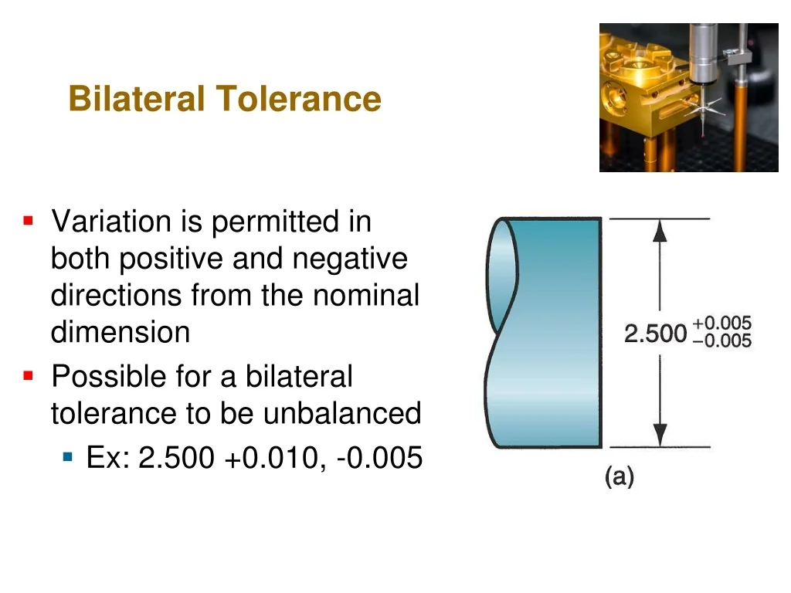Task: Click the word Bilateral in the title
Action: click(136, 98)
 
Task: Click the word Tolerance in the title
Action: click(298, 98)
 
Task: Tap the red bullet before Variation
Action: click(29, 220)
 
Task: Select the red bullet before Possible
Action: click(29, 376)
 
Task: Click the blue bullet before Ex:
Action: click(68, 457)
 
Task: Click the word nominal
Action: click(366, 295)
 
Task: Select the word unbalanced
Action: click(342, 413)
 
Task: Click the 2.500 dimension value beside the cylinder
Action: click(655, 334)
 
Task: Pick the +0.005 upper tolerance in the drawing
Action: click(722, 323)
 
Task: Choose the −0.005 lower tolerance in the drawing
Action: click(722, 341)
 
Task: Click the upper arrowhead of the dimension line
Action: click(660, 230)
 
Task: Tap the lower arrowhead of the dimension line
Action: click(660, 435)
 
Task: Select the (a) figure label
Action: click(619, 476)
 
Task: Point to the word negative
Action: click(350, 259)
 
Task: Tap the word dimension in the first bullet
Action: click(121, 332)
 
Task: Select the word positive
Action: click(171, 259)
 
